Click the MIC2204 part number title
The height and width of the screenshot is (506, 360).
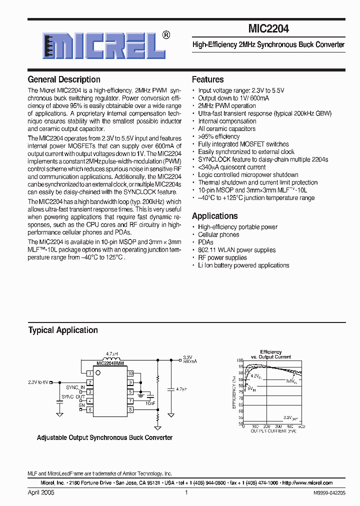(x=268, y=29)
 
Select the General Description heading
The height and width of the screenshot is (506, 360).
(x=64, y=79)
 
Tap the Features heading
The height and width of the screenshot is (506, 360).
(x=208, y=79)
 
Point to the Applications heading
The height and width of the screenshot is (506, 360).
(x=215, y=216)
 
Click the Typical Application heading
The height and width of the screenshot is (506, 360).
(x=63, y=330)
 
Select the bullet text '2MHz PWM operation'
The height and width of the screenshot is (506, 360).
(x=227, y=106)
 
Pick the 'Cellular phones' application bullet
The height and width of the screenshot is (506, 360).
(x=218, y=234)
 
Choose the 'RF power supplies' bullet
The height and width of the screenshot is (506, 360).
(x=222, y=257)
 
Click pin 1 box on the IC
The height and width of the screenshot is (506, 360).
(x=89, y=373)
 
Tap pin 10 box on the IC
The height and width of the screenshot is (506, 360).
(x=130, y=373)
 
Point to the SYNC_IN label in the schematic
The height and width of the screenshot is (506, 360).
(x=75, y=387)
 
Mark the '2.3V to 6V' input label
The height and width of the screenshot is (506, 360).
(x=38, y=382)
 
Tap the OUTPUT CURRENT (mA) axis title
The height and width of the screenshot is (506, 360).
(x=273, y=430)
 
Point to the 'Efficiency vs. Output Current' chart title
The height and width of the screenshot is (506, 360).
(x=271, y=354)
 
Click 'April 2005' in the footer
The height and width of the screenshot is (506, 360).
(x=41, y=492)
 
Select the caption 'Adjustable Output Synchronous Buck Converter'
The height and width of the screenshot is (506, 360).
(x=104, y=437)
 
